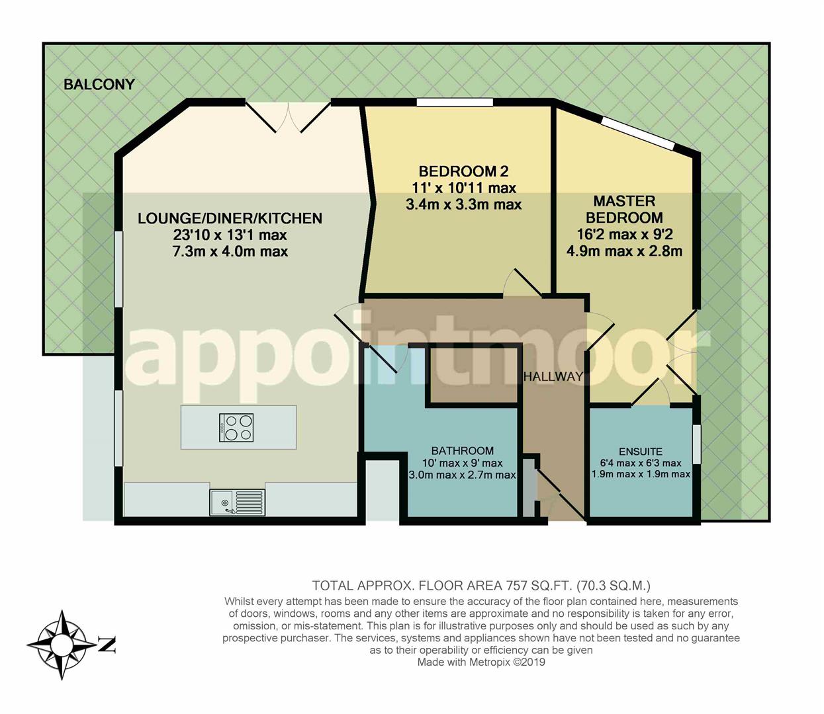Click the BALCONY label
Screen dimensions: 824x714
point(99,85)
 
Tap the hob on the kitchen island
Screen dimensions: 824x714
point(236,428)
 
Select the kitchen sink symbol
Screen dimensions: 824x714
point(237,502)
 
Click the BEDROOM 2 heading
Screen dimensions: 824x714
point(463,171)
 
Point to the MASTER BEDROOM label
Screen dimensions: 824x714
point(624,209)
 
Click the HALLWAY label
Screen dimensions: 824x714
point(553,377)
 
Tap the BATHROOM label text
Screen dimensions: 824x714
point(463,451)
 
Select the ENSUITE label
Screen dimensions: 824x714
point(641,452)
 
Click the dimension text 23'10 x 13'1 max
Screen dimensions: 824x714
point(230,235)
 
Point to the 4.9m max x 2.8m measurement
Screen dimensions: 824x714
point(624,251)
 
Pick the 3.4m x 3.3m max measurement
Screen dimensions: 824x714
point(463,205)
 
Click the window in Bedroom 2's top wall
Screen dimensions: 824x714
point(455,102)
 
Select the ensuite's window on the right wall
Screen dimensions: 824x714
point(696,444)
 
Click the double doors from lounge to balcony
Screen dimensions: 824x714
point(289,117)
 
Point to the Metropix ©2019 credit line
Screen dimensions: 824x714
point(481,662)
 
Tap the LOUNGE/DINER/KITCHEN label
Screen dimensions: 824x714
point(230,218)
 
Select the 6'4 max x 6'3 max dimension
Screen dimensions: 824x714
point(641,463)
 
